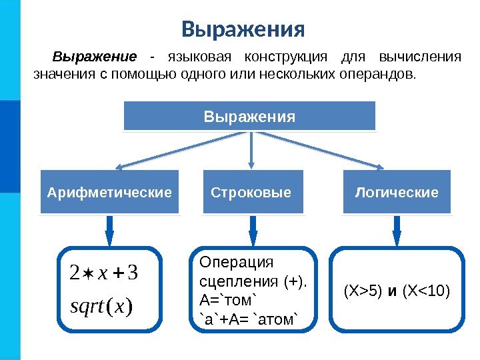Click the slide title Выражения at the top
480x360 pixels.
coord(243,30)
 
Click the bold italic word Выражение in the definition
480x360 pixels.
coord(95,56)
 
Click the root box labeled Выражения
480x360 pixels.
coord(249,117)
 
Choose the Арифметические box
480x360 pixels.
coord(109,193)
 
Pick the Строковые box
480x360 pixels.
coord(251,193)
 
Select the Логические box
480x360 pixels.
coord(397,193)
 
